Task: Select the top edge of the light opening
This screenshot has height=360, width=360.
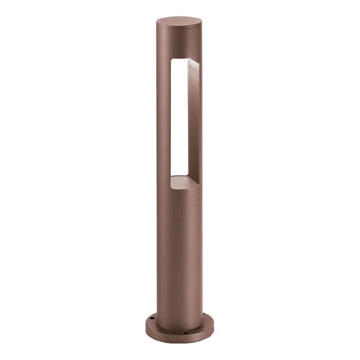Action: coord(182,58)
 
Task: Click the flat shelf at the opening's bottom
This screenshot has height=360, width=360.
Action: coord(182,181)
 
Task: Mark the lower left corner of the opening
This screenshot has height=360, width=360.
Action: coord(171,177)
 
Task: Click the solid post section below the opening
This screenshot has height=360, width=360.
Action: coord(179,249)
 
